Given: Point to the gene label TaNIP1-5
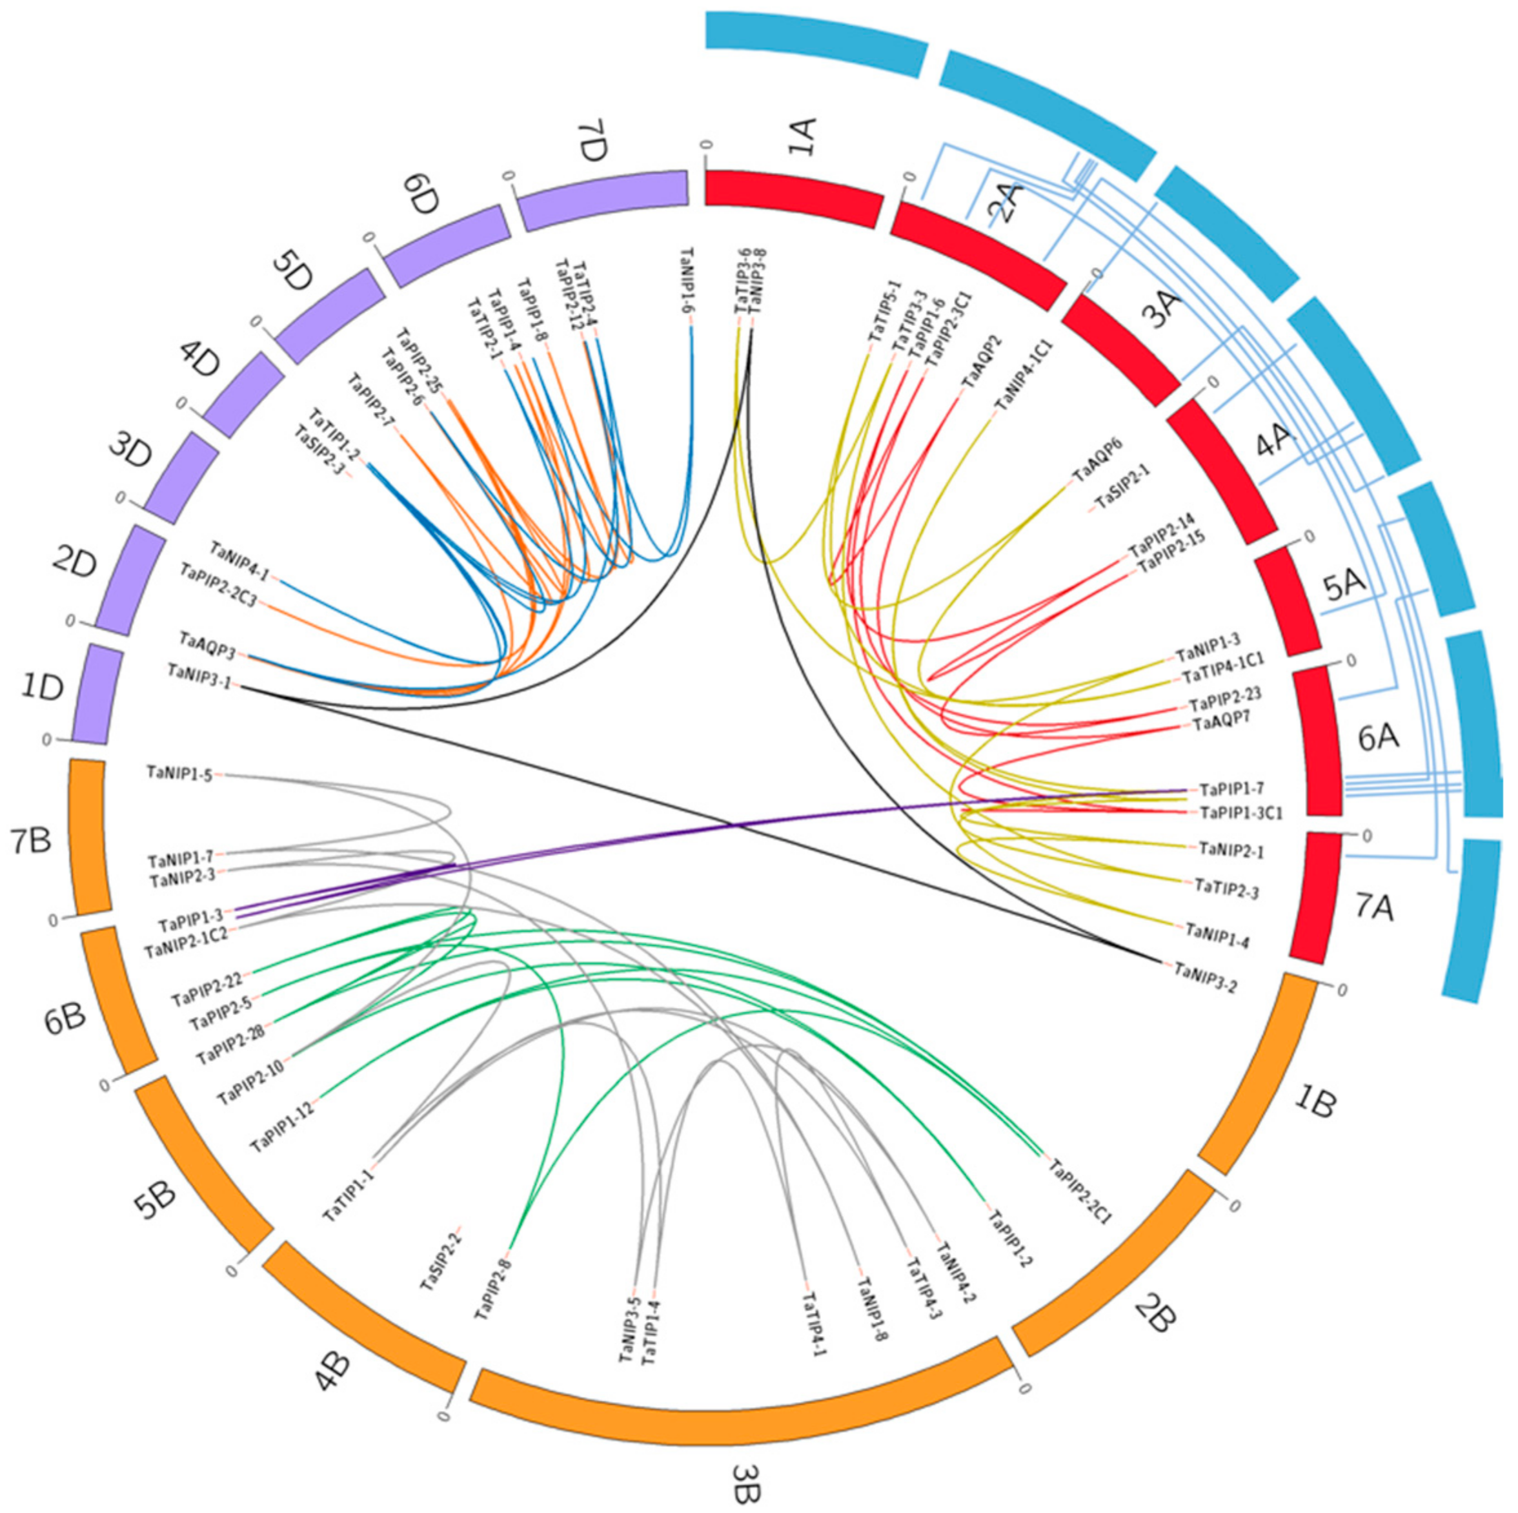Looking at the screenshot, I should [x=179, y=774].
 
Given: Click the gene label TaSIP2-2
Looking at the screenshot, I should [x=441, y=1257].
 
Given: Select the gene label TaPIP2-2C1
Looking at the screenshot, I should [x=1080, y=1191].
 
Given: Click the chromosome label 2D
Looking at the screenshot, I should [x=76, y=564].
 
